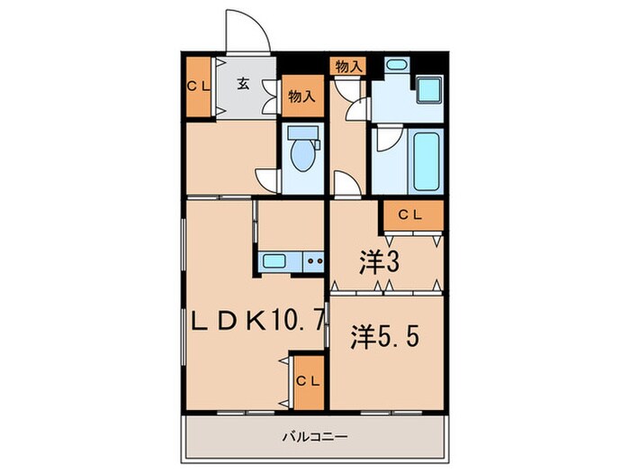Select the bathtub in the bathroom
point(426,163)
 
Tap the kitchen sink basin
point(274,262)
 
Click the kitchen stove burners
point(314,262)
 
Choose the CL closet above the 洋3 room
point(411,215)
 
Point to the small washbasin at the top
point(396,68)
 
